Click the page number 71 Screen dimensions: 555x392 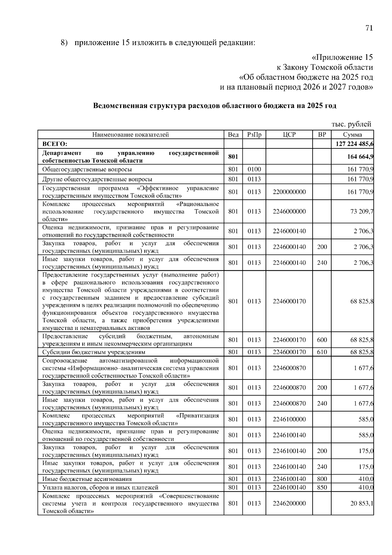tap(369, 28)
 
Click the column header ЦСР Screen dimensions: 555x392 tap(289, 134)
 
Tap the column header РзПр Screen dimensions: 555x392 tap(254, 134)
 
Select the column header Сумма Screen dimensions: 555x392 tap(352, 134)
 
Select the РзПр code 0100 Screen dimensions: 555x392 tap(254, 169)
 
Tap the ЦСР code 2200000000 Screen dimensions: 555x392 tap(289, 192)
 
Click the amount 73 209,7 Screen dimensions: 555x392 tap(362, 211)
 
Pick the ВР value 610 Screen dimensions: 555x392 tap(322, 352)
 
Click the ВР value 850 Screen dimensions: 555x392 tap(322, 487)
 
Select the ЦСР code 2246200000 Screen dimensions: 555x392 tap(289, 503)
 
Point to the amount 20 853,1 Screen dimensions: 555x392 tap(362, 503)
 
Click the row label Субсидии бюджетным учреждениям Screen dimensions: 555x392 tap(94, 352)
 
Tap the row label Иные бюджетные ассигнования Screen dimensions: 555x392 tap(87, 479)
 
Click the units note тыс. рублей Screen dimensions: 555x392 tap(351, 124)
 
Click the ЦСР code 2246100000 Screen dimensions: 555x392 tap(289, 419)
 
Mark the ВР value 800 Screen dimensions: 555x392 tap(322, 479)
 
